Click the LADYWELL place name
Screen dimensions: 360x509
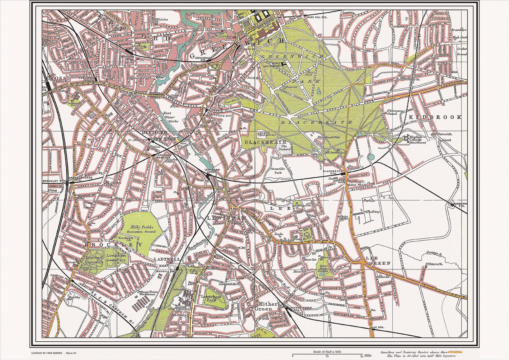167,259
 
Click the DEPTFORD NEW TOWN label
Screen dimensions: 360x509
154,136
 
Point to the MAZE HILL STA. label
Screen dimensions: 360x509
317,17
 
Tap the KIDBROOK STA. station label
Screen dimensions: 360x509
460,205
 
